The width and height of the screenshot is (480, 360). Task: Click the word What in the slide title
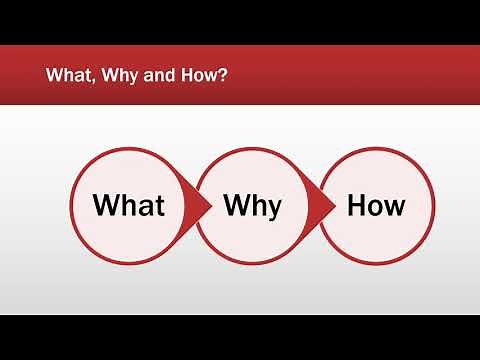coord(67,75)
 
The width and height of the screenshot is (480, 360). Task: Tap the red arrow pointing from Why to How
coord(323,205)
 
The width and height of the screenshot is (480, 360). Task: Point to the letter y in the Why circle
coord(273,209)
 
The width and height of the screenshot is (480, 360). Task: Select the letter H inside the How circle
coord(356,206)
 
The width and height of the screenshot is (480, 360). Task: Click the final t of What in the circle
coord(158,206)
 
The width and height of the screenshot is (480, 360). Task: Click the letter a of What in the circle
coord(143,208)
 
